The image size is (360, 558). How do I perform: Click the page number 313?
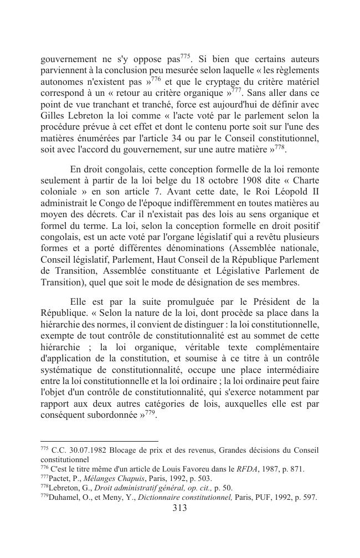pos(179,508)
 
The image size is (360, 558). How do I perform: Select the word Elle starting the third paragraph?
pos(80,302)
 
